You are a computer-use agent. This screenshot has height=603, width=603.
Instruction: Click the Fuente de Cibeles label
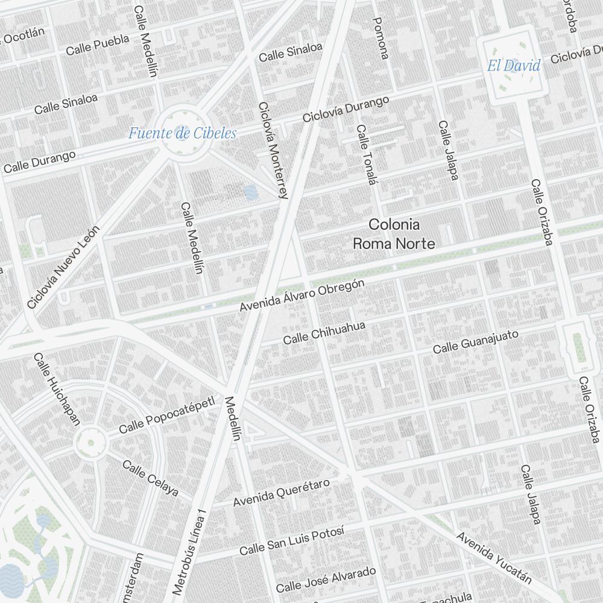click(182, 133)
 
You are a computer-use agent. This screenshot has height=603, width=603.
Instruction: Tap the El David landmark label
click(514, 66)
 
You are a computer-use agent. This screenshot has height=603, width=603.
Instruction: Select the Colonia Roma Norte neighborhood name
click(394, 234)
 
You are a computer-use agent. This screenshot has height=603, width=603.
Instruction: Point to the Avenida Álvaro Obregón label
click(301, 295)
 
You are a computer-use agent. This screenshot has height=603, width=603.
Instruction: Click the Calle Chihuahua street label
click(324, 333)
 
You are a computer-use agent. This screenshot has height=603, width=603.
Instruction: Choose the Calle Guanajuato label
click(475, 342)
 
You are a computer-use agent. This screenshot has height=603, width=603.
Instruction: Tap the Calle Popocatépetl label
click(166, 415)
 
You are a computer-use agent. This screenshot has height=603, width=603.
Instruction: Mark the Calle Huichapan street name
click(56, 390)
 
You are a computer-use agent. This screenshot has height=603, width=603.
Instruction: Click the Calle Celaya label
click(150, 479)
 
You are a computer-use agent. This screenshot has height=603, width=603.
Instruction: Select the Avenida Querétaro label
click(282, 493)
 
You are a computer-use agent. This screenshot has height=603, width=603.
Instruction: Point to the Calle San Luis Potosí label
click(291, 540)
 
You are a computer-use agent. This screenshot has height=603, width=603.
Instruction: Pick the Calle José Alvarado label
click(326, 579)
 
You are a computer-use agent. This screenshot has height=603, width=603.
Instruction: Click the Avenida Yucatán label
click(494, 558)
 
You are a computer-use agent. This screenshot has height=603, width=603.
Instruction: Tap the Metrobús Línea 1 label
click(189, 550)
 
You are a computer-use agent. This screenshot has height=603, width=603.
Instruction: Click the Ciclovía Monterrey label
click(273, 150)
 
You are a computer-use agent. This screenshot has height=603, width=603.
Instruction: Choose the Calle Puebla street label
click(98, 45)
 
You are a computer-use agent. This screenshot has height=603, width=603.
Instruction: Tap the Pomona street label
click(380, 38)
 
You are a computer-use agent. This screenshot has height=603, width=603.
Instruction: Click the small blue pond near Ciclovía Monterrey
click(250, 192)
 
